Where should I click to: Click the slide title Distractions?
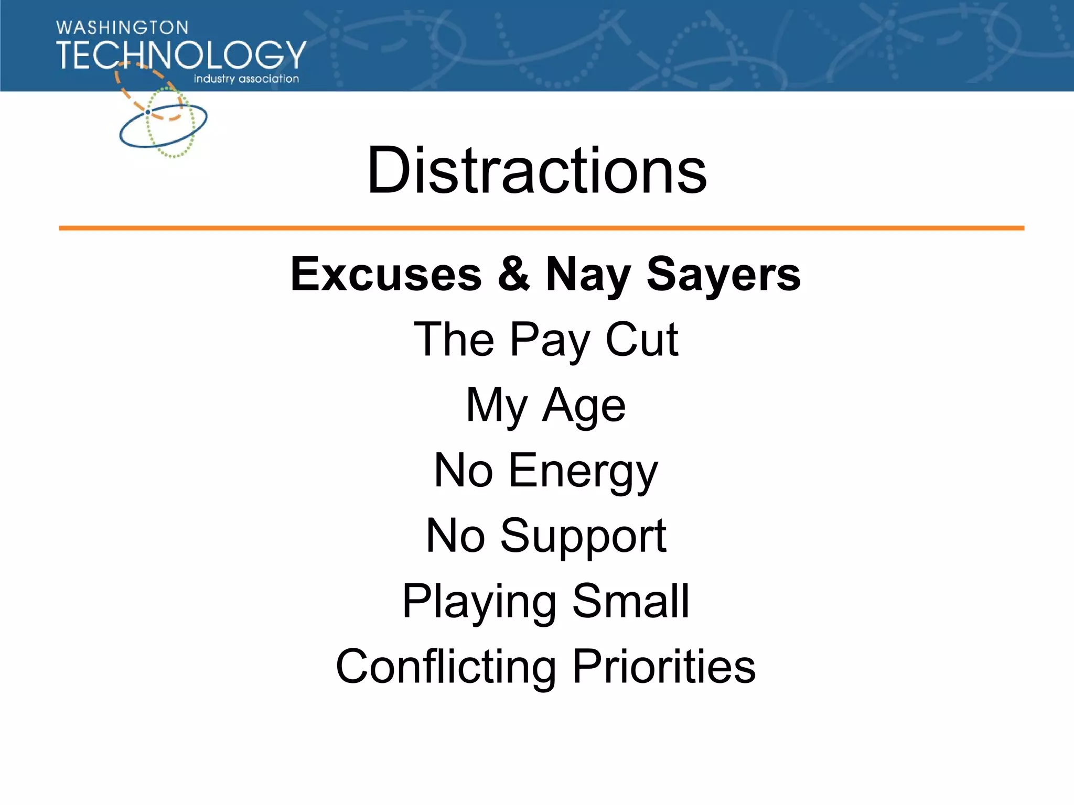tap(537, 170)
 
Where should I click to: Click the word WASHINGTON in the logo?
tap(122, 28)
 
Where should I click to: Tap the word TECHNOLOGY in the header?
tap(181, 55)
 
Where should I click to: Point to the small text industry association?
tap(246, 79)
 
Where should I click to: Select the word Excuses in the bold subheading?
tap(386, 274)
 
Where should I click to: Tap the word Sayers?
tap(724, 274)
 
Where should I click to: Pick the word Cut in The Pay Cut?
tap(642, 340)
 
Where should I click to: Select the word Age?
tap(584, 406)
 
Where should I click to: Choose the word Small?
tap(630, 601)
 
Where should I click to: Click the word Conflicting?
tap(446, 667)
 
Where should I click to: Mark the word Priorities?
tap(664, 667)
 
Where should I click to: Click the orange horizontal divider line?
tap(541, 228)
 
